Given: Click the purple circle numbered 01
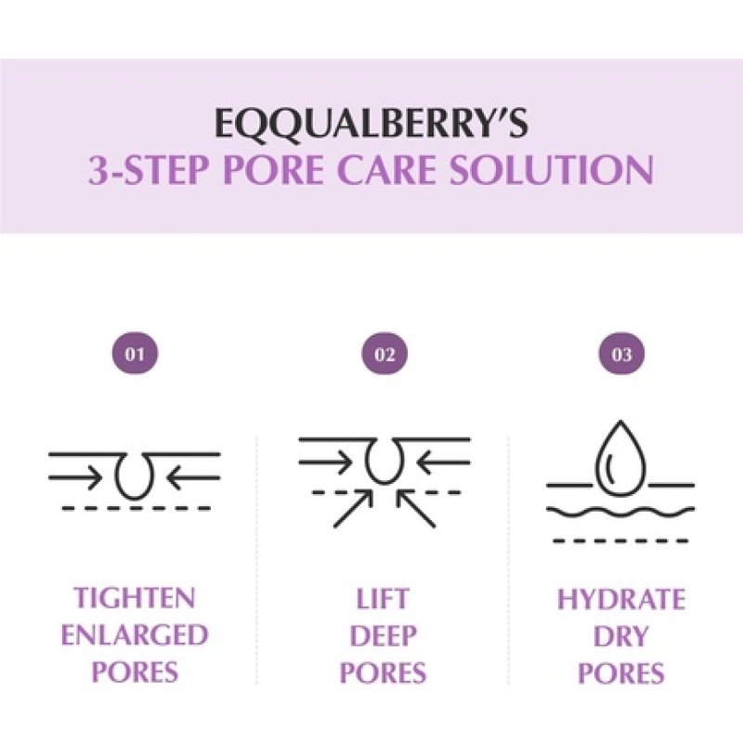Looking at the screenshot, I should click(135, 354).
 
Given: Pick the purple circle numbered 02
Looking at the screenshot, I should click(384, 354).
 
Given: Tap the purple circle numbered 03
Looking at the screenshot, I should click(621, 354).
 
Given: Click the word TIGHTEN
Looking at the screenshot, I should click(135, 598).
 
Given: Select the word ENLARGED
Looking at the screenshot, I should click(135, 636).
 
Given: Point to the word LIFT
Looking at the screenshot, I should click(384, 598).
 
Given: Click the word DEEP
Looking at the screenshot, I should click(384, 636).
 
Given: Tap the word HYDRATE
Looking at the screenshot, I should click(620, 598).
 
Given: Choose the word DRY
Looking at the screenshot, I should click(620, 636).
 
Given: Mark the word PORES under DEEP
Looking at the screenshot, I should click(384, 673).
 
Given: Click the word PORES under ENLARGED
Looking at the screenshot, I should click(135, 673).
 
